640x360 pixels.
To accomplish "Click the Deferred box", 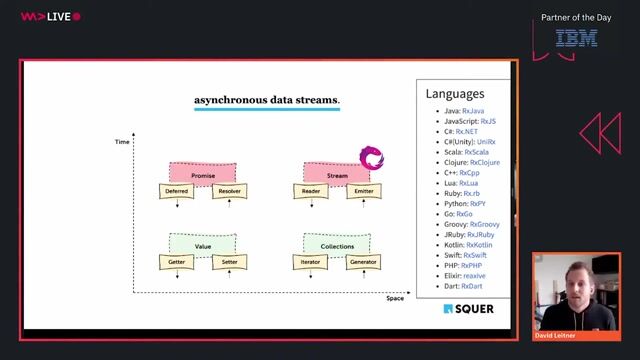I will [x=176, y=190].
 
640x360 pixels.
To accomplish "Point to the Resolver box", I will [x=229, y=190].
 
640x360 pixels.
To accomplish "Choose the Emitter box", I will [x=363, y=190].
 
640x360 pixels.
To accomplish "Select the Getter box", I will [x=176, y=262].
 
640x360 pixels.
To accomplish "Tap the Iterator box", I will [x=310, y=262].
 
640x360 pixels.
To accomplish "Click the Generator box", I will [x=363, y=262].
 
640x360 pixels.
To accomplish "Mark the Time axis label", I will [x=123, y=143].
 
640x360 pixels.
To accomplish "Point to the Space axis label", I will [x=395, y=298].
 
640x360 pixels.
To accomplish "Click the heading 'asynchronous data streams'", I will [x=266, y=100].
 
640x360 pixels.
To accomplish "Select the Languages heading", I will [x=455, y=94].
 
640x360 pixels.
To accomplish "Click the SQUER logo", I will [x=468, y=308].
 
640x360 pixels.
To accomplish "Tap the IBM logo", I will [x=577, y=38].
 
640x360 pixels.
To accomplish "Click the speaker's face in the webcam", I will [x=579, y=281].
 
